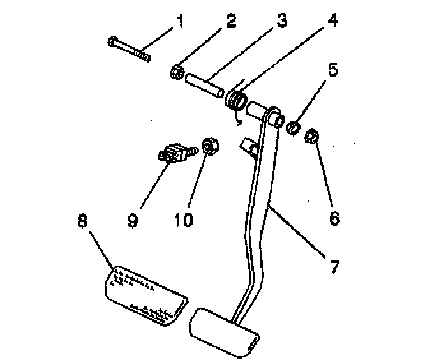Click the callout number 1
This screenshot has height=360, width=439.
coord(179,24)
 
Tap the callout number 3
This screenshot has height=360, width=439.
coord(281,23)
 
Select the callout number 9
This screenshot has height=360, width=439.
coord(133,221)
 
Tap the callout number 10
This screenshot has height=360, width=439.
coord(182,221)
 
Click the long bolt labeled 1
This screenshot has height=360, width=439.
coord(129,49)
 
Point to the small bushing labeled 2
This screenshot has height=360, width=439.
coord(177,72)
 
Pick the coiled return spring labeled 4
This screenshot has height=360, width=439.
coord(238,100)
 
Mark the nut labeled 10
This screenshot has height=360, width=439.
coord(209,146)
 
